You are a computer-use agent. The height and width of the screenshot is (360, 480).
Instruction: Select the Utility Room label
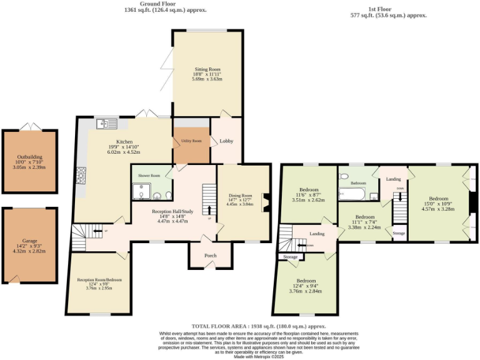(191, 141)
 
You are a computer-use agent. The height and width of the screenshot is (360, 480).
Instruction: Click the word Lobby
(226, 142)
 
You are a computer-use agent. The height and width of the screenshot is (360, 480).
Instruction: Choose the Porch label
(210, 255)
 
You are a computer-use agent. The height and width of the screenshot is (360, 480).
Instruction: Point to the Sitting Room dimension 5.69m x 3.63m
(207, 80)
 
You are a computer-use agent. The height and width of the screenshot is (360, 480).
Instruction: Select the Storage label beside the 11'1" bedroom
(399, 233)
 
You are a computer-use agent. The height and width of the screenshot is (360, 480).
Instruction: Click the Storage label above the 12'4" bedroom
(291, 257)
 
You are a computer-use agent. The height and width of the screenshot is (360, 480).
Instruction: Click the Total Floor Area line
(259, 326)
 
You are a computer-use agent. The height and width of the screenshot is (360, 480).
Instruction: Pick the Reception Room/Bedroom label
(99, 279)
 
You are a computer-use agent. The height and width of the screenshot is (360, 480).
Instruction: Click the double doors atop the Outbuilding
(30, 127)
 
